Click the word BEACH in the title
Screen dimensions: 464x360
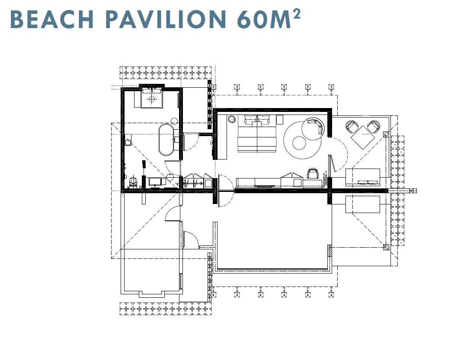tap(52, 19)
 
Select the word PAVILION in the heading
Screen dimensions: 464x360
tap(166, 19)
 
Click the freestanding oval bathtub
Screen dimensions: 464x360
tap(166, 140)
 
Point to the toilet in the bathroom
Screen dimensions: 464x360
tap(133, 182)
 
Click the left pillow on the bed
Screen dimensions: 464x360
tap(250, 120)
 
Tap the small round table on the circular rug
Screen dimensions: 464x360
tap(300, 143)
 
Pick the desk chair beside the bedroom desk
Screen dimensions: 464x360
tap(313, 173)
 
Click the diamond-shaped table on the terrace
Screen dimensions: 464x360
tap(363, 137)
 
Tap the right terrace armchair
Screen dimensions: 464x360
tap(374, 127)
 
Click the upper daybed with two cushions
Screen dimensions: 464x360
tap(363, 177)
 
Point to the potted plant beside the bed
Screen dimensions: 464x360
tap(231, 119)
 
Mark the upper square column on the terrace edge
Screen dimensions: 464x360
tap(386, 134)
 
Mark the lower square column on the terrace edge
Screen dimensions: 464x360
tap(386, 247)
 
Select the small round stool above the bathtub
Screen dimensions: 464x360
tap(174, 121)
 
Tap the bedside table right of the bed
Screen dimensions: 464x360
tap(280, 120)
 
